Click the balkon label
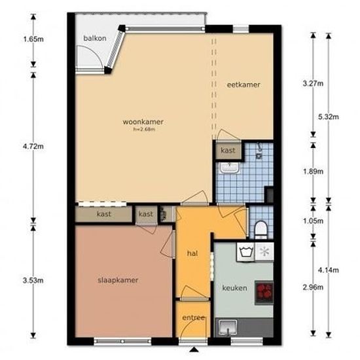click(x=95, y=39)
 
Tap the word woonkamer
click(x=142, y=122)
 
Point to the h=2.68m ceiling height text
click(x=142, y=130)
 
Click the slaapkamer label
click(x=118, y=280)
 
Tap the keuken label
click(x=233, y=288)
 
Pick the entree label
click(x=194, y=319)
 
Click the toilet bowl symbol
click(x=260, y=229)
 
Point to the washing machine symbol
click(x=247, y=251)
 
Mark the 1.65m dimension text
click(x=33, y=39)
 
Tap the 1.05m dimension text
click(x=314, y=222)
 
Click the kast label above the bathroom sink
click(x=228, y=151)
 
